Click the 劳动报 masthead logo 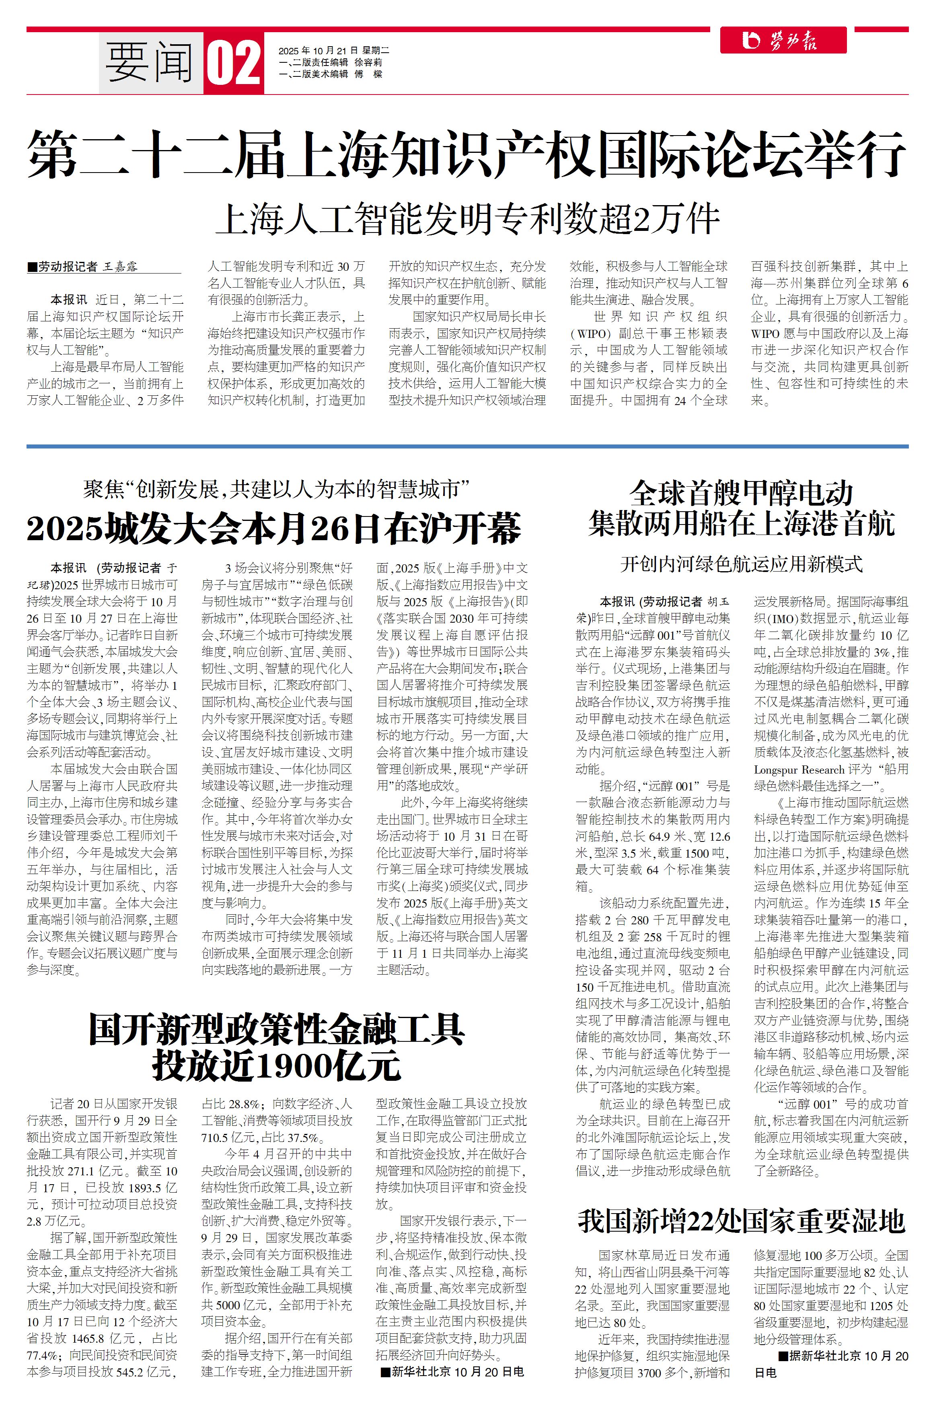coord(783,41)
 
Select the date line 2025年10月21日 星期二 coord(333,51)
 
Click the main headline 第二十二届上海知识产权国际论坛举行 coord(467,154)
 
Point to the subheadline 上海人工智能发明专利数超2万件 coord(467,220)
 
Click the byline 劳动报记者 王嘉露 coord(88,267)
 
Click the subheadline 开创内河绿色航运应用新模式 coord(741,564)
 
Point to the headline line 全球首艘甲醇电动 coord(741,493)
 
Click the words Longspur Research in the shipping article coord(799,769)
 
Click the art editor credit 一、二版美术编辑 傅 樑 coord(330,74)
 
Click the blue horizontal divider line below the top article coord(467,446)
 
